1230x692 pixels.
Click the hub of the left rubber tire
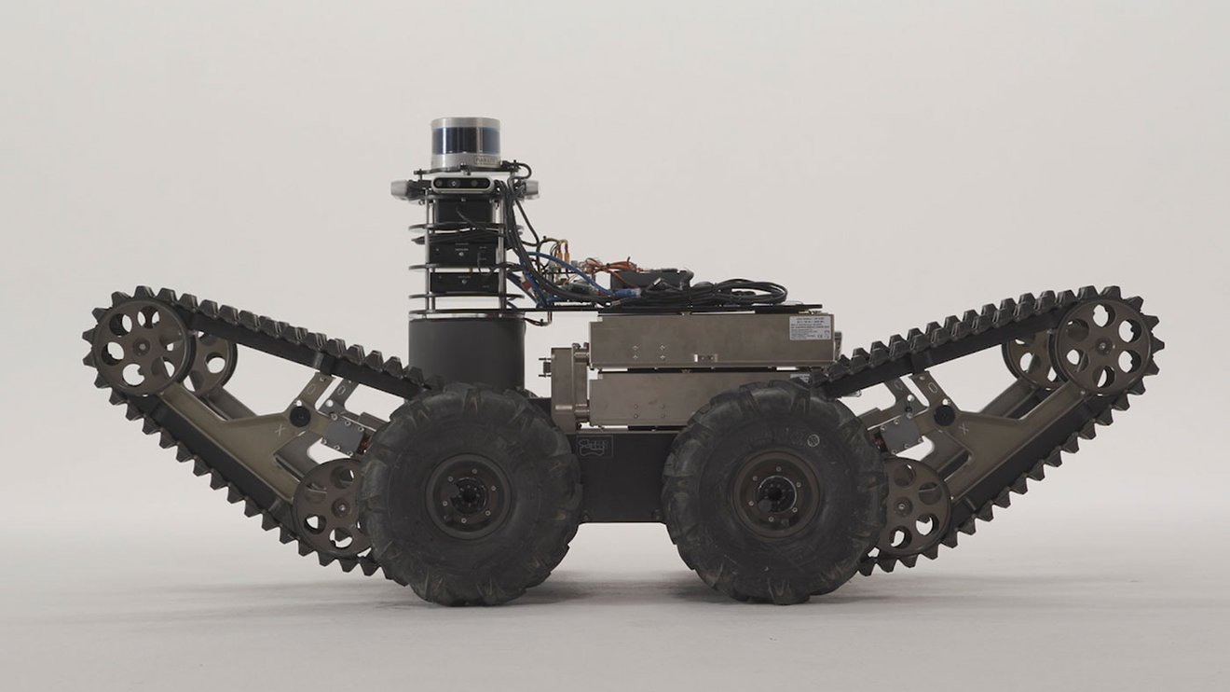point(469,494)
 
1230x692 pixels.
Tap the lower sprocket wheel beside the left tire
point(329,508)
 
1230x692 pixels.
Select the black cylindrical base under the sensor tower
point(466,353)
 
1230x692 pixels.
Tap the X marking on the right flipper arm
point(963,430)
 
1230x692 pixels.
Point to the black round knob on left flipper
point(300,415)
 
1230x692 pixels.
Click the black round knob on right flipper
point(943,414)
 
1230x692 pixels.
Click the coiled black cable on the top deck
point(736,294)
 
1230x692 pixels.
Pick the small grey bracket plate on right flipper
point(899,431)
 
